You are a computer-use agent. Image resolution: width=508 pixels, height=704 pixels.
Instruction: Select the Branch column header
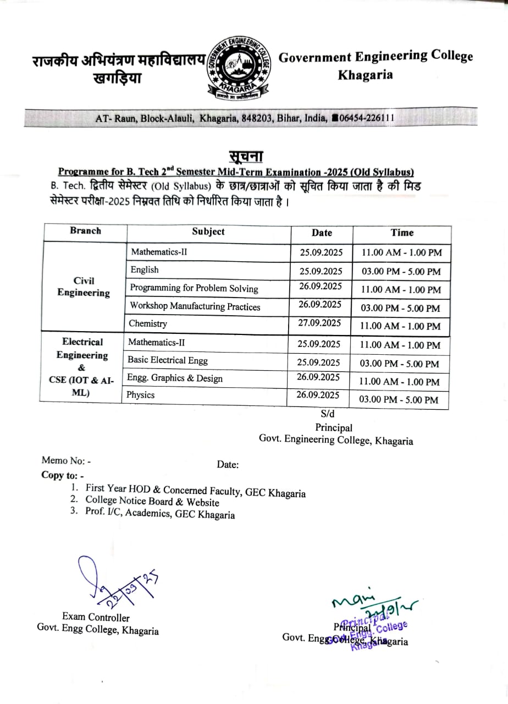pos(85,231)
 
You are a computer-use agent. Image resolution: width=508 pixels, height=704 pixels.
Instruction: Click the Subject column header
pos(208,232)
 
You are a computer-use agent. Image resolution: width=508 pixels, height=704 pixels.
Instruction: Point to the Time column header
pos(402,233)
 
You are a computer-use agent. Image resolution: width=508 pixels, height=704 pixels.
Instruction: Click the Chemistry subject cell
pos(148,323)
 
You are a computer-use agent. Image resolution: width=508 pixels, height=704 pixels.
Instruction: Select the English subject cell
pos(145,269)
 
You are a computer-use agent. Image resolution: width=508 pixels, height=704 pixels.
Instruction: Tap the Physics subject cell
pos(141,395)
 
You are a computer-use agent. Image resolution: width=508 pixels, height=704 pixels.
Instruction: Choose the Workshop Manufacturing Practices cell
pos(195,306)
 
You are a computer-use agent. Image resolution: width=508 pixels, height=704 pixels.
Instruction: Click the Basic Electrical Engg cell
pos(168,360)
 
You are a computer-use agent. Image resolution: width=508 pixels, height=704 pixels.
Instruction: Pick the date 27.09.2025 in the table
pos(320,323)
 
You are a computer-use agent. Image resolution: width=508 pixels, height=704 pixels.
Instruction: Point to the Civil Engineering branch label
pos(84,287)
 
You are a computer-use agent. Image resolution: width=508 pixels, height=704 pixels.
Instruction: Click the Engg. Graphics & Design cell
pos(175,378)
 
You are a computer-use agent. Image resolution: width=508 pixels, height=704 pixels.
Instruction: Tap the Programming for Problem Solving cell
pos(194,288)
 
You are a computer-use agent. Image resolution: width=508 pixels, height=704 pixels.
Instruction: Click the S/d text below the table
pos(327,414)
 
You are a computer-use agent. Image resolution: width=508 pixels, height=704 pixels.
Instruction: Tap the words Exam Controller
pos(96,618)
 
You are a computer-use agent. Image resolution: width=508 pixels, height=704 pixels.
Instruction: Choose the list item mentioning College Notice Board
pos(152,502)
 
